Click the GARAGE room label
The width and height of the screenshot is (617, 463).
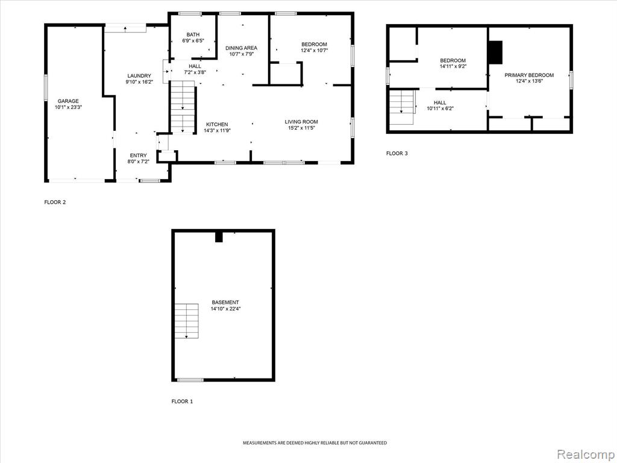(68, 101)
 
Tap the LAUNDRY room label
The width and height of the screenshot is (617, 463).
(139, 76)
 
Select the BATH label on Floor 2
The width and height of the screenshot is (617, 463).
(193, 34)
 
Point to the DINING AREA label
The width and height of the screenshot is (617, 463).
(241, 48)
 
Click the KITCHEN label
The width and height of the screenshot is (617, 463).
(217, 124)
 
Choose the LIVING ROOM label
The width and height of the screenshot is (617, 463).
(301, 122)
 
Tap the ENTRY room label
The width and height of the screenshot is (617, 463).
(138, 156)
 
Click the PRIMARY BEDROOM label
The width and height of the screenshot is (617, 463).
(529, 75)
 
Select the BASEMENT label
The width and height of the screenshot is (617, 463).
(225, 303)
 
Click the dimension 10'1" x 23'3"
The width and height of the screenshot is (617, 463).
(68, 107)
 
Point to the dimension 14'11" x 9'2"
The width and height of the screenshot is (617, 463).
(453, 66)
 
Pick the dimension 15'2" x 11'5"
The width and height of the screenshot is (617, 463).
(301, 128)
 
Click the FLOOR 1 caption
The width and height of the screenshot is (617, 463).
(182, 402)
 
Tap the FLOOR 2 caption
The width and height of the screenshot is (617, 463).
(55, 203)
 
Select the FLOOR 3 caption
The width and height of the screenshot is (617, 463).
(397, 154)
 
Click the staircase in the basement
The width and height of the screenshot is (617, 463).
(187, 321)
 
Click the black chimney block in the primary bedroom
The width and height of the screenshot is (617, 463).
(495, 52)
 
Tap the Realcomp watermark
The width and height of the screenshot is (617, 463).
(586, 455)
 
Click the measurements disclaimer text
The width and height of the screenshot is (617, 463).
(315, 443)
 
